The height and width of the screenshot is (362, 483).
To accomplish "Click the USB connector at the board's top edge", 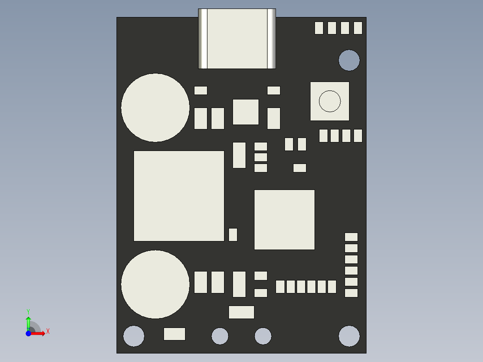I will click(x=237, y=39).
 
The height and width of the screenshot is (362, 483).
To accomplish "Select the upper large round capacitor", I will click(x=155, y=108).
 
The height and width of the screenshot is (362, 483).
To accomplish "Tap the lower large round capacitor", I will click(x=155, y=284).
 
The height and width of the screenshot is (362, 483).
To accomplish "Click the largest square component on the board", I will click(x=179, y=196).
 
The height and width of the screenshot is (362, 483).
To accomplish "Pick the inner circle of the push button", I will click(x=330, y=101).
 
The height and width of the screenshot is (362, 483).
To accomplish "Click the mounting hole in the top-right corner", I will click(x=349, y=60).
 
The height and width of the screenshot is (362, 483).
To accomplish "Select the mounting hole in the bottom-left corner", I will click(x=134, y=336).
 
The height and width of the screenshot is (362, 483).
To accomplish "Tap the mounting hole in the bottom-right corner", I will click(x=349, y=336).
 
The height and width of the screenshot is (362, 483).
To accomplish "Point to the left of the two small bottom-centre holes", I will click(x=220, y=336).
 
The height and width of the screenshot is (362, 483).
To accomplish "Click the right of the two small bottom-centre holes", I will click(x=263, y=336).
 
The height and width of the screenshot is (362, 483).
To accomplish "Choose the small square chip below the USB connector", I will click(x=246, y=112).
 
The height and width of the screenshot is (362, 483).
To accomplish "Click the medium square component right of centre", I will click(x=285, y=220).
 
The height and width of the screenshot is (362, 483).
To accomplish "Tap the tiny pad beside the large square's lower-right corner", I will click(x=233, y=234).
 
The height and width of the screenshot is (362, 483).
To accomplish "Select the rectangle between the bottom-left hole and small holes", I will click(x=174, y=334).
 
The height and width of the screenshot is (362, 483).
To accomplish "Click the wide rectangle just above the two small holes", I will click(x=241, y=312).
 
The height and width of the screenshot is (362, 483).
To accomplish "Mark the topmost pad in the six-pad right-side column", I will click(x=351, y=237).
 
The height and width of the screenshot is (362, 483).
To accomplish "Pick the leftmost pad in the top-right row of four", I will click(x=319, y=28).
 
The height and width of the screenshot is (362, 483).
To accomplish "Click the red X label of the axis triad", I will click(x=48, y=332).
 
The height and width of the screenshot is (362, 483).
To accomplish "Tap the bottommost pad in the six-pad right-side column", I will click(x=351, y=293).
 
